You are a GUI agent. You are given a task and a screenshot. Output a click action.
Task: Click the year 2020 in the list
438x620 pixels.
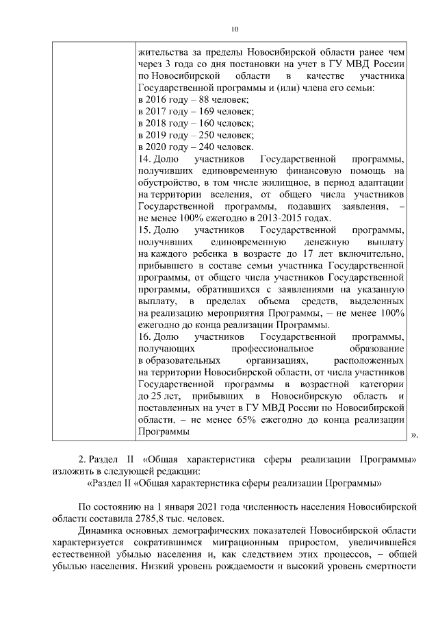point(157,147)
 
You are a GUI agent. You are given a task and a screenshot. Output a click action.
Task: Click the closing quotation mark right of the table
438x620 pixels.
point(413,434)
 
